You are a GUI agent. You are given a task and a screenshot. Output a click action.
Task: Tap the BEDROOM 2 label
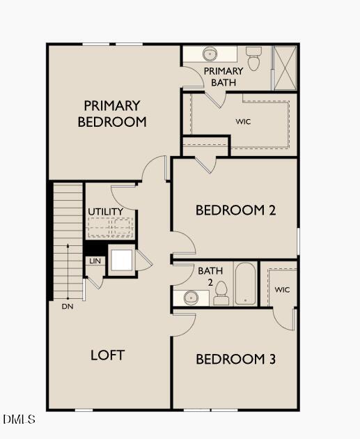(230, 210)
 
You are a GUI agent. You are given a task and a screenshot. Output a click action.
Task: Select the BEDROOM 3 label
(235, 360)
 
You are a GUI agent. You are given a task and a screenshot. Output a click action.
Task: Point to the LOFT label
(108, 355)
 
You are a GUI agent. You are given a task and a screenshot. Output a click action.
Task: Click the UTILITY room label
(106, 212)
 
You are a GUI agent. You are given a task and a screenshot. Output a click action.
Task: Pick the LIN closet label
(94, 261)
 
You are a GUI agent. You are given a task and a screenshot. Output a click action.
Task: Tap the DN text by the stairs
(68, 306)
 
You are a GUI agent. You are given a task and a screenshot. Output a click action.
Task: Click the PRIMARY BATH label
(224, 77)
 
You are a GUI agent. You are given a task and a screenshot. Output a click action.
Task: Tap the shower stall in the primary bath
(284, 68)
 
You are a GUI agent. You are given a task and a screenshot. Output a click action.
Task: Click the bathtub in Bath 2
(245, 284)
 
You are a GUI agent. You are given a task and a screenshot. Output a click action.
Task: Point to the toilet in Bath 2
(221, 293)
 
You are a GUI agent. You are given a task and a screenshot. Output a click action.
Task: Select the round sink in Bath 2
(192, 298)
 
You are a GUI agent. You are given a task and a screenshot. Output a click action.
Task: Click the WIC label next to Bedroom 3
(282, 289)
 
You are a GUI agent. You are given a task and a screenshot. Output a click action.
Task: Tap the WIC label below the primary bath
(243, 121)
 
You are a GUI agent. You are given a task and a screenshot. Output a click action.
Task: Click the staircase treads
(68, 237)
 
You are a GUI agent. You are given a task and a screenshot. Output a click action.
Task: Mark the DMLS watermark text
(19, 419)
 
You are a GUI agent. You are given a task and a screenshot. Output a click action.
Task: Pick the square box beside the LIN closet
(121, 260)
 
